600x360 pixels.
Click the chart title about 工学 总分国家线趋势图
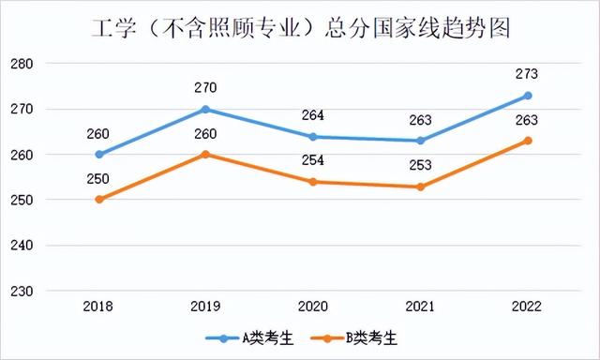click(x=300, y=28)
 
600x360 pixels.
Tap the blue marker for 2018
click(x=99, y=155)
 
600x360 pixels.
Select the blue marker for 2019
click(x=206, y=109)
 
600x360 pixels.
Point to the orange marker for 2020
click(x=313, y=182)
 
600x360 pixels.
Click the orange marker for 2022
click(x=528, y=141)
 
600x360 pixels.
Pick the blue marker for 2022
click(x=528, y=96)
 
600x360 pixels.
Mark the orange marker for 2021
click(x=420, y=187)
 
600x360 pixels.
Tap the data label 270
click(x=206, y=88)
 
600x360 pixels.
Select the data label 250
click(x=99, y=179)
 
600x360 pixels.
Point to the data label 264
click(x=313, y=115)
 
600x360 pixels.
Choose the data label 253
click(x=420, y=165)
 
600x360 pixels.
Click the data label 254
click(x=313, y=160)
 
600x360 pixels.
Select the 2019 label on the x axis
click(x=206, y=307)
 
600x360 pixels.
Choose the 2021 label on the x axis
click(x=420, y=307)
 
